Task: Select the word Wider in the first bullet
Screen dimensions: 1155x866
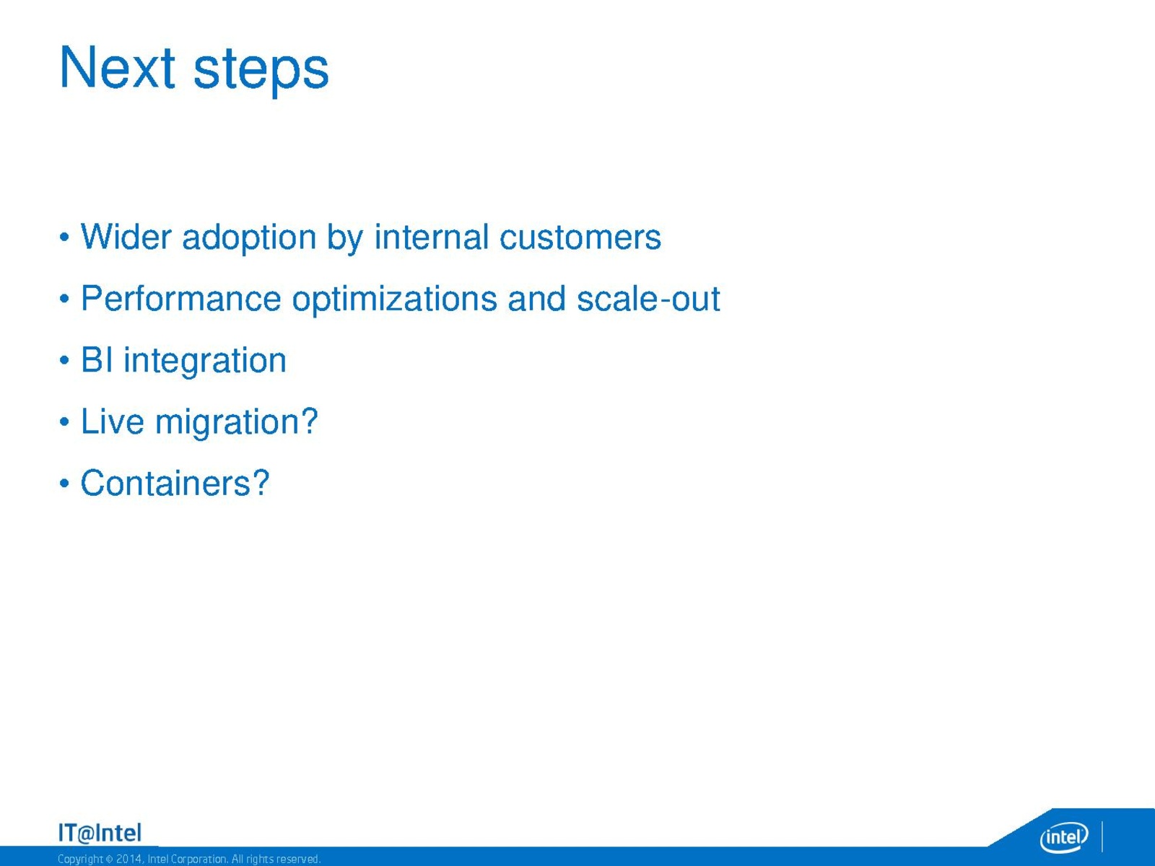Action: tap(126, 237)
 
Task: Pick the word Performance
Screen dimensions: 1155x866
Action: tap(181, 298)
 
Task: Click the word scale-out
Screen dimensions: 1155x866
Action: tap(648, 298)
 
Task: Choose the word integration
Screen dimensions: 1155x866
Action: tap(205, 362)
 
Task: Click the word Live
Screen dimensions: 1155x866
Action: tap(112, 421)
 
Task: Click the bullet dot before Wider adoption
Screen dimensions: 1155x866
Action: tap(64, 237)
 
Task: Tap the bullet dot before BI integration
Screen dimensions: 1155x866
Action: tap(64, 360)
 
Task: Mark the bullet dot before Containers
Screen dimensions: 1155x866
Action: tap(64, 484)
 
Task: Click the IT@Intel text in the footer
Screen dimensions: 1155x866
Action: tap(100, 833)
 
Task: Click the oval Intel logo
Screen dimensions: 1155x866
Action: tap(1064, 836)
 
